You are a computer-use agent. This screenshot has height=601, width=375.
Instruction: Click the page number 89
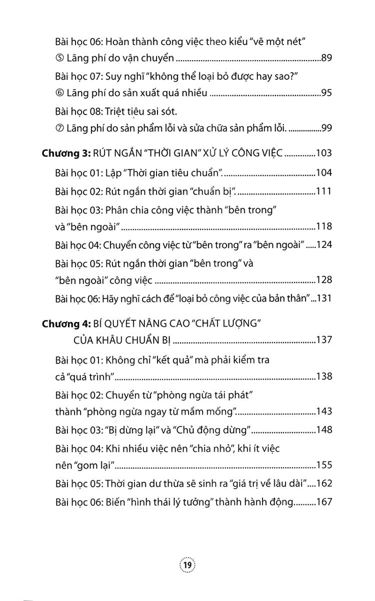pos(326,59)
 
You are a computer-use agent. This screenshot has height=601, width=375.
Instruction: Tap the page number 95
pos(326,93)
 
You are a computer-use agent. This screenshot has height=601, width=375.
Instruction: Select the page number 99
pos(326,128)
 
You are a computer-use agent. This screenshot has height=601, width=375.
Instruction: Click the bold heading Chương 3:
pos(65,153)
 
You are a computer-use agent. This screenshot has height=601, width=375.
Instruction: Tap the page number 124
pos(324,245)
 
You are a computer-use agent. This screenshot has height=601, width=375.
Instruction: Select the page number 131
pos(324,298)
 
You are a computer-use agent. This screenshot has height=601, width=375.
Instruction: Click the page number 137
pos(324,341)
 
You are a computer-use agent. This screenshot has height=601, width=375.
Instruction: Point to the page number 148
pos(324,430)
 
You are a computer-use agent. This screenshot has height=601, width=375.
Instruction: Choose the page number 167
pos(324,501)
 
